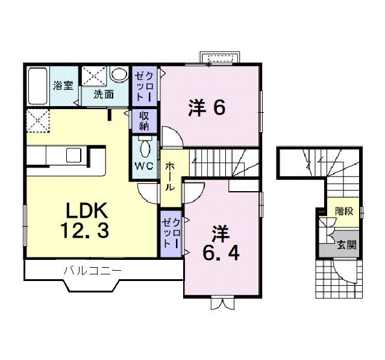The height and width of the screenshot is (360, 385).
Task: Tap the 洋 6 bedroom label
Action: [206, 107]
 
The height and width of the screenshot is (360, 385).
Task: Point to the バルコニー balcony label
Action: [92, 271]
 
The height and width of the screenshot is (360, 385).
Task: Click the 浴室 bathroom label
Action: [62, 85]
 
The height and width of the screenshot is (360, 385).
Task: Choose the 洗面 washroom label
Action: [103, 94]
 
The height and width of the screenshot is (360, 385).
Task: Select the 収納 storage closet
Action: [145, 121]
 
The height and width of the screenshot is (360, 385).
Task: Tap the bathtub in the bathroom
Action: [38, 85]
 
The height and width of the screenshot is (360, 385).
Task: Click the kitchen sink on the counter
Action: [74, 156]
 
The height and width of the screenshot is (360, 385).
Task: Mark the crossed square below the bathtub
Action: [37, 121]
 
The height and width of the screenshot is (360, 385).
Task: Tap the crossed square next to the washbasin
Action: [95, 75]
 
